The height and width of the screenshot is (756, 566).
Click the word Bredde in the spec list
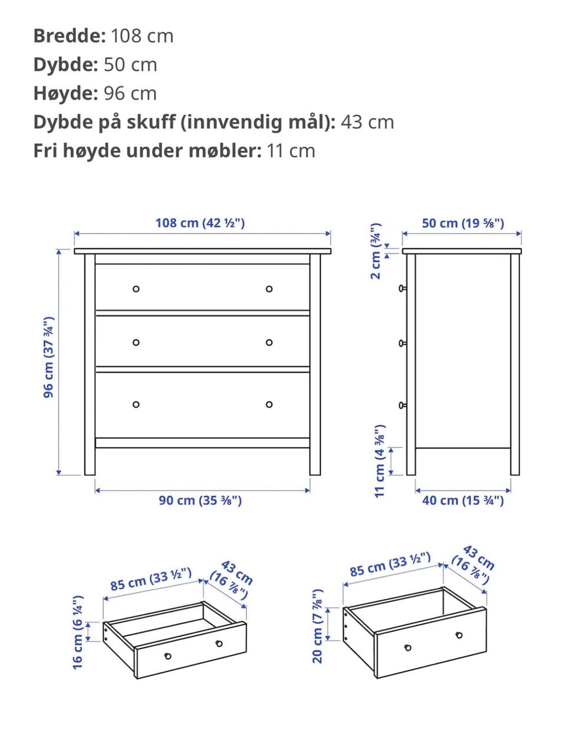(x=70, y=35)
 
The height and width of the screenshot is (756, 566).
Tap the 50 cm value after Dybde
(x=130, y=64)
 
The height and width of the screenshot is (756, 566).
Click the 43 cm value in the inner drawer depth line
(x=367, y=122)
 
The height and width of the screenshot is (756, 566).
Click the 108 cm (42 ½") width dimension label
(x=200, y=223)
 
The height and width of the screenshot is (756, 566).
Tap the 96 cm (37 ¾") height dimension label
(x=48, y=357)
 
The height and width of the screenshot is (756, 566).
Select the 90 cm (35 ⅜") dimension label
(x=200, y=501)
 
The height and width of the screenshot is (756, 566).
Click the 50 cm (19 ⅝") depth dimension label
(x=463, y=223)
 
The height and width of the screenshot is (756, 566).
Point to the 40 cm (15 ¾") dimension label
(x=463, y=501)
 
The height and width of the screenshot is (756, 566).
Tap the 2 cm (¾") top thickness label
(x=376, y=251)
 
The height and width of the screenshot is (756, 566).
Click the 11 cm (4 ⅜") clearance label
(x=380, y=461)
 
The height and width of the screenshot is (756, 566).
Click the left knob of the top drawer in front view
(x=136, y=289)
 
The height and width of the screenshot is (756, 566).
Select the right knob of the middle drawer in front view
(x=269, y=343)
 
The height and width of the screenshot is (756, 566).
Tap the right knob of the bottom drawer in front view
(x=269, y=405)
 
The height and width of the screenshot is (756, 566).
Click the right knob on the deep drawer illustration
(x=459, y=635)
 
